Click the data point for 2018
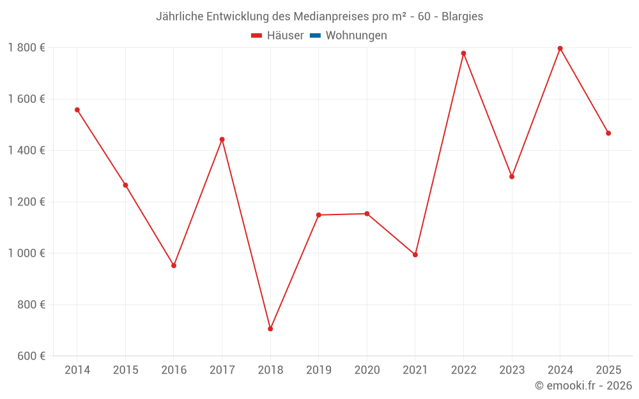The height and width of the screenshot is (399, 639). [270, 329]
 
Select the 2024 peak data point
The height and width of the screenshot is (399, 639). [560, 49]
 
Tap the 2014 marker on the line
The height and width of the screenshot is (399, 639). [77, 110]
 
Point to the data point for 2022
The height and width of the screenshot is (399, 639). [463, 54]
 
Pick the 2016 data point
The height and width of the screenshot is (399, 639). [174, 266]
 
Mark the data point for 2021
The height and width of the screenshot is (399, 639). [415, 255]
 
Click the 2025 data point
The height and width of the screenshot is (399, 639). [608, 133]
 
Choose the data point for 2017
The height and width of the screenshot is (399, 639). [222, 139]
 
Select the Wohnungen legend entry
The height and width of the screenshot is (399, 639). [356, 36]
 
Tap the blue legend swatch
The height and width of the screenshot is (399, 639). [315, 36]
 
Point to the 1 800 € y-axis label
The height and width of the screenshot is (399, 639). [26, 48]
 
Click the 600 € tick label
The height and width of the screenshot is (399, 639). [31, 356]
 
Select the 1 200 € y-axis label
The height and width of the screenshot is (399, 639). [26, 202]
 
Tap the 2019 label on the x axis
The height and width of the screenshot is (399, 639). [319, 370]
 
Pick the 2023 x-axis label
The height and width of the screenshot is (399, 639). [512, 370]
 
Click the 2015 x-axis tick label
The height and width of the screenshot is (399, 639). [125, 370]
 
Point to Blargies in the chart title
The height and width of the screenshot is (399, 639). [462, 16]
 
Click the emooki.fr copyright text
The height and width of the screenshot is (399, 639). [583, 386]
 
